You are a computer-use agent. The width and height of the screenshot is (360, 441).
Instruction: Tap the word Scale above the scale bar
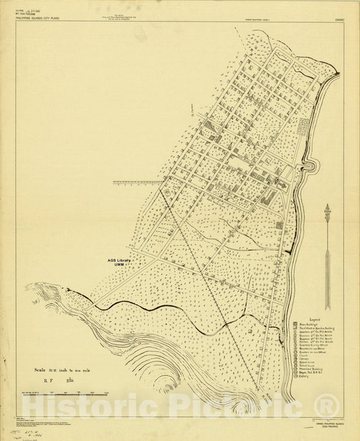45,370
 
